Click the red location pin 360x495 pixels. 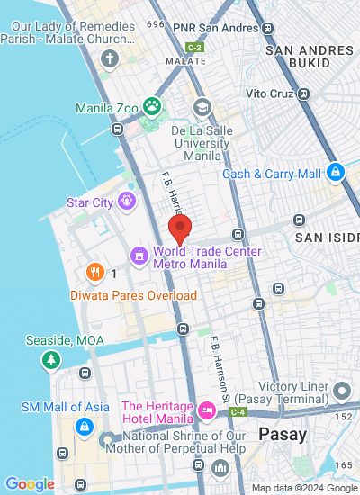tap(180, 229)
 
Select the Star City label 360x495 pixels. tap(90, 202)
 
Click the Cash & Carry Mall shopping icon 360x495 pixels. tap(336, 171)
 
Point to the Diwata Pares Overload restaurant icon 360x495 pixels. tap(94, 272)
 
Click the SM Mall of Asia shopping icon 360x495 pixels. tap(84, 426)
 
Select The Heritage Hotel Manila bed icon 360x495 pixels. tap(208, 411)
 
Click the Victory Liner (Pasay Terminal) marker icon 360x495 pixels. tap(341, 390)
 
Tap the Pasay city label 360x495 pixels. tap(283, 434)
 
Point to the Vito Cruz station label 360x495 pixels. tap(272, 93)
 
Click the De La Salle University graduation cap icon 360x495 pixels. tap(202, 108)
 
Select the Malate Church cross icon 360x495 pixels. tap(110, 60)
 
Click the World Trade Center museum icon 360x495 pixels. tap(139, 256)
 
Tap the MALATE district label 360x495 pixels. tap(185, 60)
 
